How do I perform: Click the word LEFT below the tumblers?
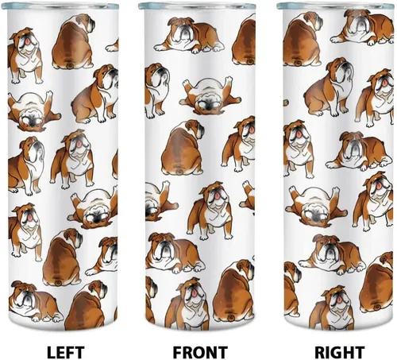tap(65, 352)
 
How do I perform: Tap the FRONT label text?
tap(200, 352)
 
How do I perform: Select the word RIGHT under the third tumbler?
tap(339, 352)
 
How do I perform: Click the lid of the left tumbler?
tap(60, 6)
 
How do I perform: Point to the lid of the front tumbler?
tap(197, 6)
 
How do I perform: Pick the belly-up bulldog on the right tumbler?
tap(316, 207)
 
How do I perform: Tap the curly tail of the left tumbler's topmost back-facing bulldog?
tap(71, 65)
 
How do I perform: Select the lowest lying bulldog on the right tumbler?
tap(332, 254)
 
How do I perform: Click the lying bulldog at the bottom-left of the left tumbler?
tap(35, 300)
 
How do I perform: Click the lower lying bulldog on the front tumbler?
tap(174, 253)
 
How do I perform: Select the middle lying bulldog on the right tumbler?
tap(360, 151)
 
